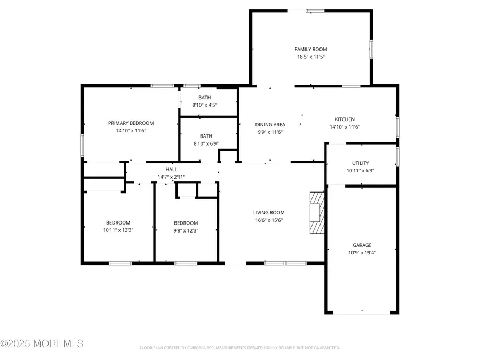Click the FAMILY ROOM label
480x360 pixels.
click(x=311, y=49)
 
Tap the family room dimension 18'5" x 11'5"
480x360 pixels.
click(x=311, y=57)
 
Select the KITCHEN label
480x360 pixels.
click(x=345, y=119)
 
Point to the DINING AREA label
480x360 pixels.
click(x=270, y=125)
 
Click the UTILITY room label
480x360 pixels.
click(x=361, y=163)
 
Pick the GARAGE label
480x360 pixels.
click(x=362, y=245)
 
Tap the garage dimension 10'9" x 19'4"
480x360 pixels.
click(x=362, y=253)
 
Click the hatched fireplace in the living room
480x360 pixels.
click(x=317, y=213)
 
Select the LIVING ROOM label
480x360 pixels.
click(x=269, y=212)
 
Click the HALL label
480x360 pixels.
click(x=171, y=169)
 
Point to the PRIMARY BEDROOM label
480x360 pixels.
click(x=131, y=123)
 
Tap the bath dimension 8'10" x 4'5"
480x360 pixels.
click(x=205, y=105)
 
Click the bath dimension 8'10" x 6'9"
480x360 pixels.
click(x=205, y=143)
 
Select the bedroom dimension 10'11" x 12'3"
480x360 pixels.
click(x=118, y=230)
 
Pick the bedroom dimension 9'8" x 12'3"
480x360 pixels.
click(x=186, y=230)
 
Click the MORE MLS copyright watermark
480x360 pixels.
click(x=42, y=343)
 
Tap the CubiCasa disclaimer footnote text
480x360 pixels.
click(x=239, y=348)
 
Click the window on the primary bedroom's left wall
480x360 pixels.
click(x=82, y=145)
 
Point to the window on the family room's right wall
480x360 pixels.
click(x=371, y=49)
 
